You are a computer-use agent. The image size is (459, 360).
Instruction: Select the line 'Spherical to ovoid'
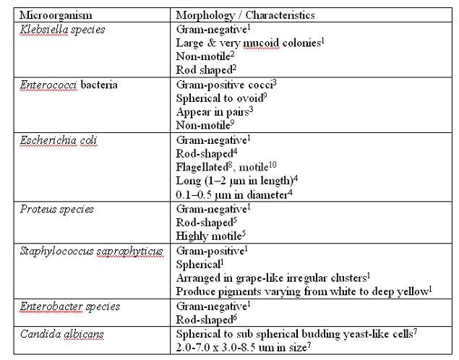click(x=222, y=99)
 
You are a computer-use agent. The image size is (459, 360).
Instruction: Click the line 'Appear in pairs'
click(x=214, y=113)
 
